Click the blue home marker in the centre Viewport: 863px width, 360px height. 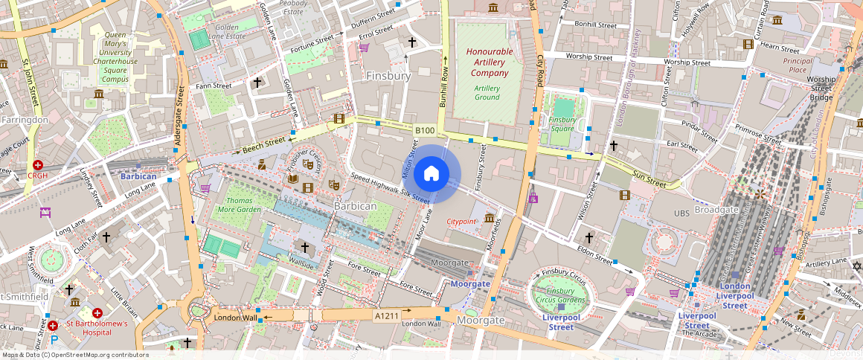[x=431, y=174]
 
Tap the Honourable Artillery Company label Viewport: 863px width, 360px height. [x=489, y=62]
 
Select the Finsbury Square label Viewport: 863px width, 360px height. [x=562, y=123]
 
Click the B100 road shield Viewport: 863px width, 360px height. [x=424, y=131]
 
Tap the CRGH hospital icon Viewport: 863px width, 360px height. [x=37, y=164]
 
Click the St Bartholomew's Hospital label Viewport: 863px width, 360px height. [x=97, y=328]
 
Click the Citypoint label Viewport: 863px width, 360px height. [x=461, y=222]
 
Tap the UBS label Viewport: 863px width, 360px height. [x=681, y=213]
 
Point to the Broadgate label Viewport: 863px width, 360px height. [x=716, y=210]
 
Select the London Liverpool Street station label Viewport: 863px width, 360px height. [x=735, y=296]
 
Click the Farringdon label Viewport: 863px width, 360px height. [x=25, y=119]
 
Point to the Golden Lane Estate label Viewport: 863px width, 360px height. [x=226, y=31]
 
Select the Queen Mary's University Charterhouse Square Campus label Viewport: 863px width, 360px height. [x=115, y=57]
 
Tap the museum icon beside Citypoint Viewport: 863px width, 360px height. [x=490, y=217]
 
